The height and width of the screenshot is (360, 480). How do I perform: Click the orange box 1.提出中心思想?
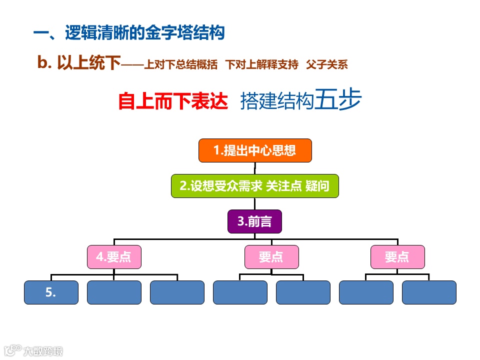pyautogui.click(x=255, y=150)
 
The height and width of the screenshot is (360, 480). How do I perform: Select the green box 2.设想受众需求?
pyautogui.click(x=254, y=186)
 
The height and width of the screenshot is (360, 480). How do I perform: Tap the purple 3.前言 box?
pyautogui.click(x=254, y=221)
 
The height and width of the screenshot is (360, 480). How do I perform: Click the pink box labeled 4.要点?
pyautogui.click(x=114, y=257)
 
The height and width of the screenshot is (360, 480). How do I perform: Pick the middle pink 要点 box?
pyautogui.click(x=271, y=257)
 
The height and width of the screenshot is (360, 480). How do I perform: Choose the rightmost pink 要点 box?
pyautogui.click(x=397, y=257)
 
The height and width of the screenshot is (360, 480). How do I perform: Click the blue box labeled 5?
pyautogui.click(x=51, y=292)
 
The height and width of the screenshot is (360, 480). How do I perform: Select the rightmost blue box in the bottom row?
pyautogui.click(x=429, y=292)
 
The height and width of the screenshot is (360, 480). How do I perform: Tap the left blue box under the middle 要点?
pyautogui.click(x=240, y=292)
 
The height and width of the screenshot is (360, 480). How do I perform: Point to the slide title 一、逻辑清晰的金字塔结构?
pyautogui.click(x=128, y=33)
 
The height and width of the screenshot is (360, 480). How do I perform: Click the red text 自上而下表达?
pyautogui.click(x=173, y=101)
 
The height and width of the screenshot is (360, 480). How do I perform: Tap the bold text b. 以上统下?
pyautogui.click(x=79, y=63)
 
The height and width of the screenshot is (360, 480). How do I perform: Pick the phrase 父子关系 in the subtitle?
pyautogui.click(x=327, y=64)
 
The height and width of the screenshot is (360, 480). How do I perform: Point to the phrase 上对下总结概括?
pyautogui.click(x=180, y=64)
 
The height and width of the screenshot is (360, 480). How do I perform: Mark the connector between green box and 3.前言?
pyautogui.click(x=254, y=204)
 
